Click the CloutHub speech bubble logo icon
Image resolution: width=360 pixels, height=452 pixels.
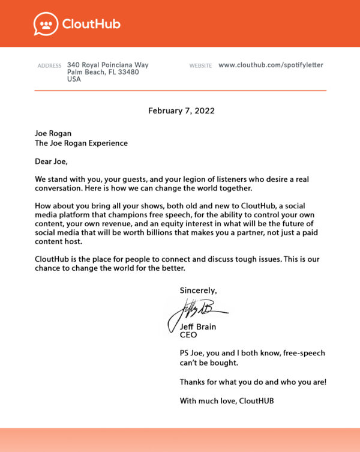[44, 24]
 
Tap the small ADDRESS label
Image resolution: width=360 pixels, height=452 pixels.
[49, 65]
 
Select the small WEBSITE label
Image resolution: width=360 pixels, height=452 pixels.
[200, 65]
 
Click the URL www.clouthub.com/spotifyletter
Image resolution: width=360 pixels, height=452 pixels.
[271, 65]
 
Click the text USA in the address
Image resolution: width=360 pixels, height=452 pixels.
[74, 79]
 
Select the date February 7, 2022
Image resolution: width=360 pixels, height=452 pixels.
[181, 110]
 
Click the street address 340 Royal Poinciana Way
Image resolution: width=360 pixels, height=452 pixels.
[107, 65]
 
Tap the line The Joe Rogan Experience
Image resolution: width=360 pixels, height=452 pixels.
[81, 143]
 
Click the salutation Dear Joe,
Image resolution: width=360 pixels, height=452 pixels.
[52, 161]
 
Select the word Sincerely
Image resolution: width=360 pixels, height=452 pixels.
[198, 291]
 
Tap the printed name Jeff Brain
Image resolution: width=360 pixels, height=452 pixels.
[198, 327]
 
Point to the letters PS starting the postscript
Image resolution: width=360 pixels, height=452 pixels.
[185, 354]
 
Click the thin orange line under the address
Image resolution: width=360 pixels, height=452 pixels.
[180, 91]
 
